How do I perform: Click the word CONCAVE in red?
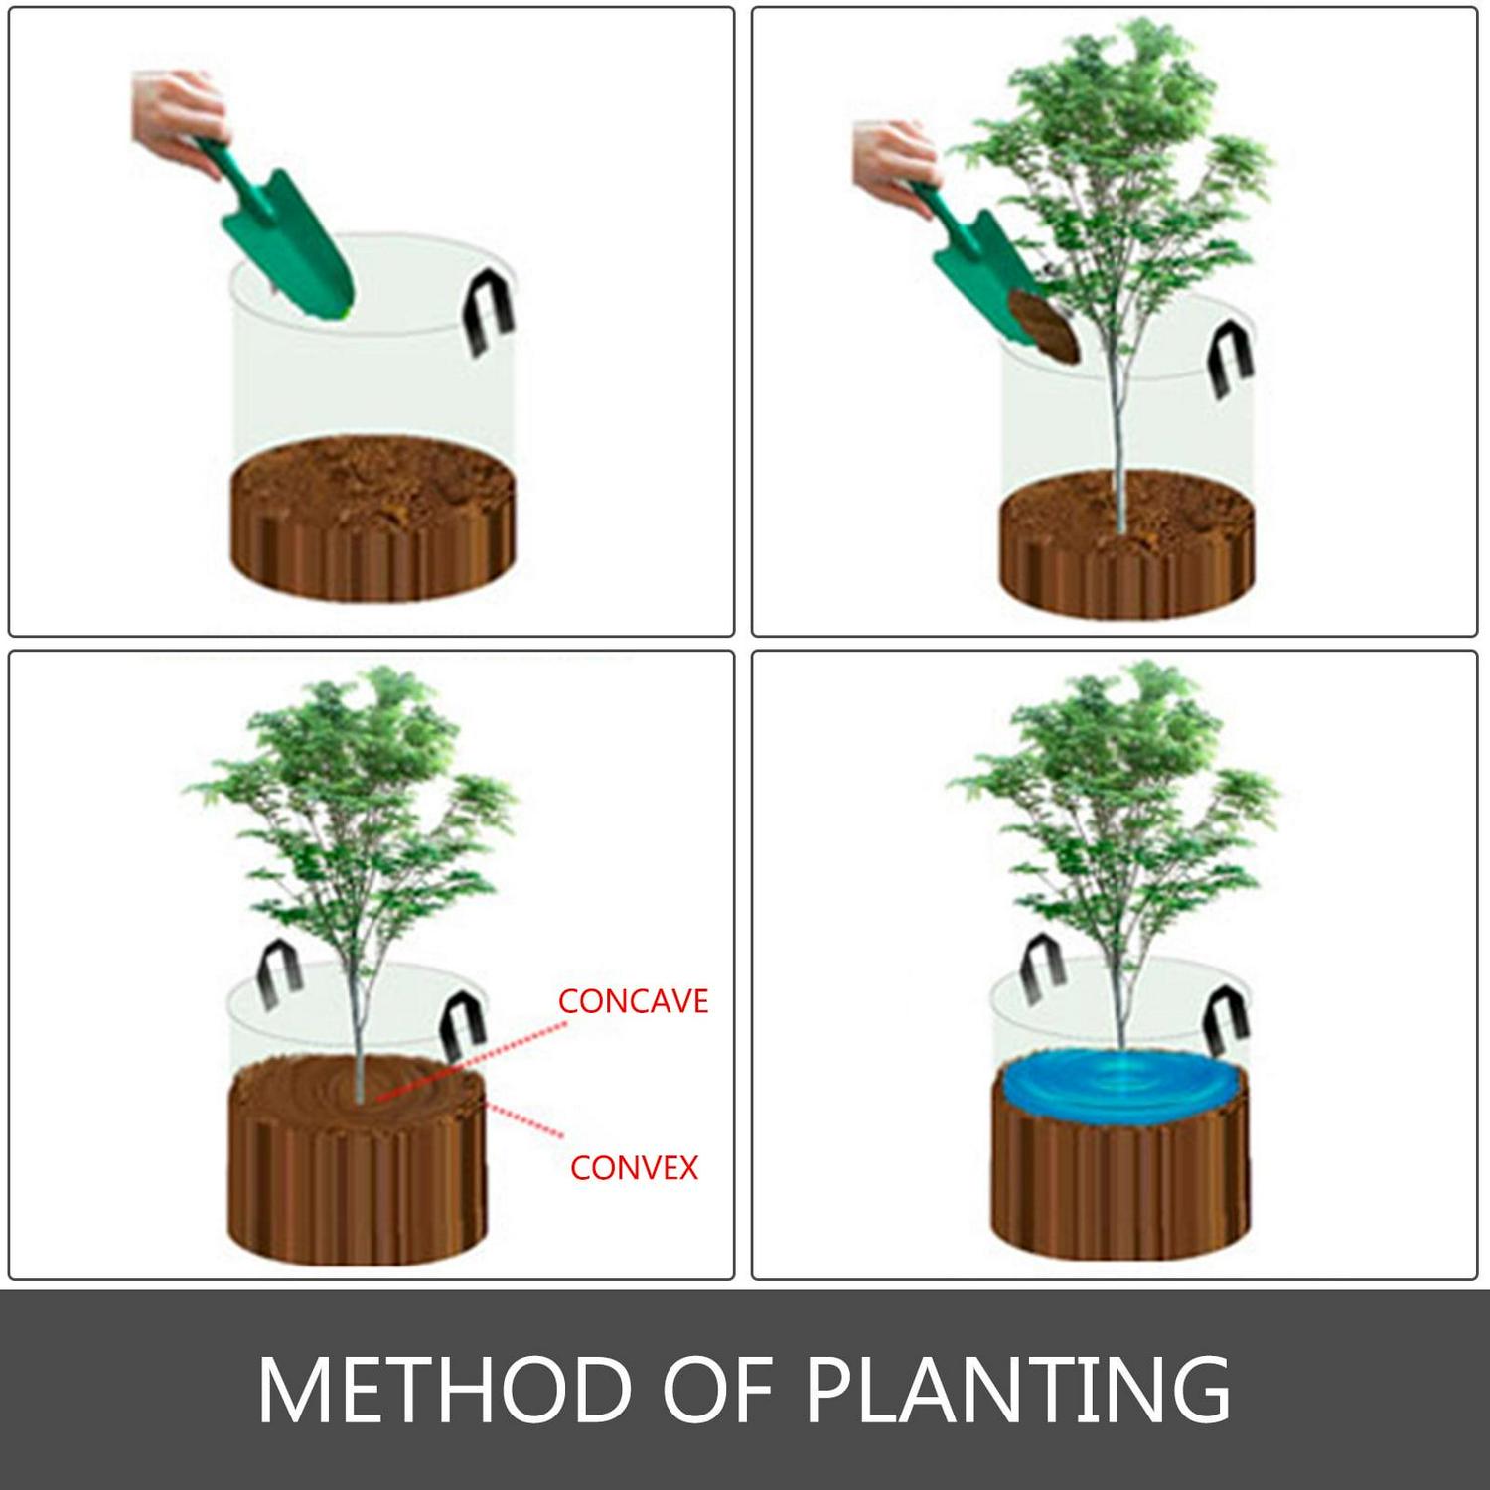[633, 1001]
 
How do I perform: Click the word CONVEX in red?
[634, 1167]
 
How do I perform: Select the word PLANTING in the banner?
[1018, 1388]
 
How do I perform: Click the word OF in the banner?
[717, 1388]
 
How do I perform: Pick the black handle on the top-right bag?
[1233, 362]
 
